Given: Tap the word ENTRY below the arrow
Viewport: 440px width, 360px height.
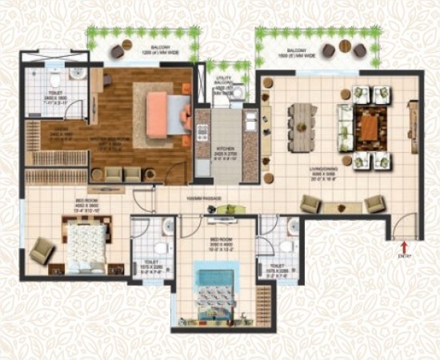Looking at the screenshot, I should (406, 256).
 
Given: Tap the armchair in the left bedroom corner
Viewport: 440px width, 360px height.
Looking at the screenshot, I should (42, 254).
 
